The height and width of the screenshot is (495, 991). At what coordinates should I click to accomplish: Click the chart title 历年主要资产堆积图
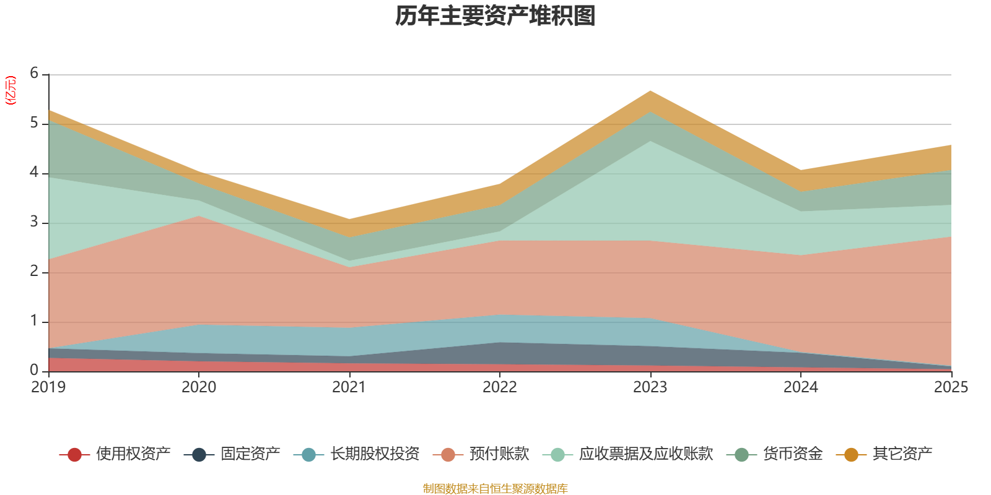click(495, 16)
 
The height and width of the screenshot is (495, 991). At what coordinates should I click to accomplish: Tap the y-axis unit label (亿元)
click(11, 90)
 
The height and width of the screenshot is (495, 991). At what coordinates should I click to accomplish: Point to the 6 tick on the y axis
click(34, 74)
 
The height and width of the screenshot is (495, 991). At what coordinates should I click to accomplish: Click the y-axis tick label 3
click(34, 222)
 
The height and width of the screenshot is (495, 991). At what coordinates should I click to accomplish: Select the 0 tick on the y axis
click(34, 370)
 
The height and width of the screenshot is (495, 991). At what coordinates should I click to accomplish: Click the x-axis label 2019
click(48, 387)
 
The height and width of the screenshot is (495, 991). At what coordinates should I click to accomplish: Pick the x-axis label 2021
click(349, 387)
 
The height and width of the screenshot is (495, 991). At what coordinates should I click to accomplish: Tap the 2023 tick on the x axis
click(650, 387)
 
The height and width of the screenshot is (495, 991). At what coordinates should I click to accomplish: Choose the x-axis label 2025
click(950, 387)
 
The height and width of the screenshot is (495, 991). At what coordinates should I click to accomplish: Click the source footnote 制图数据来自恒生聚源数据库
click(495, 489)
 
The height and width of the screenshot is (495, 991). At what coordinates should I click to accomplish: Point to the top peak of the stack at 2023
click(650, 91)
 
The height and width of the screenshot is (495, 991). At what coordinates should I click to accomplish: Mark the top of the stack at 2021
click(349, 218)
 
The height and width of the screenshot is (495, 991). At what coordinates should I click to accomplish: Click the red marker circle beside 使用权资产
click(75, 455)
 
